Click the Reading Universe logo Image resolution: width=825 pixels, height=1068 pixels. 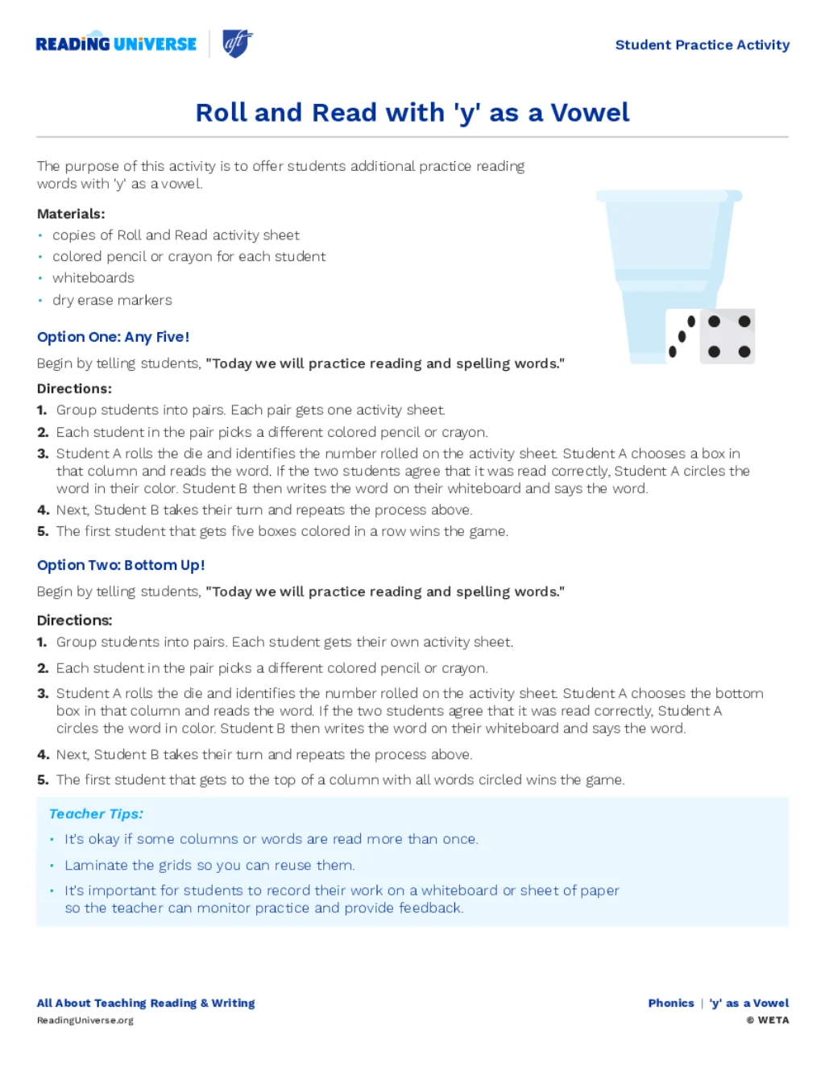[x=116, y=44]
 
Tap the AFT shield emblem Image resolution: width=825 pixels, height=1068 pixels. [x=237, y=44]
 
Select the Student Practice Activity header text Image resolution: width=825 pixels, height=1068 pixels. [x=702, y=45]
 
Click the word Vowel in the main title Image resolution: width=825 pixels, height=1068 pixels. [x=590, y=113]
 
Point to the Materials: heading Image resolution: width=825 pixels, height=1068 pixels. [x=71, y=214]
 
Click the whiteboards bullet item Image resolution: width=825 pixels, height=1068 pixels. [x=93, y=278]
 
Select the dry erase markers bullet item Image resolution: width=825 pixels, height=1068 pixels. [x=112, y=300]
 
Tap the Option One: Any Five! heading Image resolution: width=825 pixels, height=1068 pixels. [x=113, y=337]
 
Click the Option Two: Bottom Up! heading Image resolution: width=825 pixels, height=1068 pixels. [x=121, y=565]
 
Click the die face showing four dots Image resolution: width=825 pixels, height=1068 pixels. [x=728, y=336]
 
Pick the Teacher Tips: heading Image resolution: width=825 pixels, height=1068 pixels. [x=96, y=814]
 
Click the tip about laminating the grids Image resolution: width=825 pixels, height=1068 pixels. [x=209, y=865]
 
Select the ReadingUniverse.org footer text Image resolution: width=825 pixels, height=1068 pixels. [x=85, y=1020]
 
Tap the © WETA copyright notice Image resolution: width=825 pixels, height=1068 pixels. [x=767, y=1020]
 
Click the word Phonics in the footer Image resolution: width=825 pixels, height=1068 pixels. [x=671, y=1004]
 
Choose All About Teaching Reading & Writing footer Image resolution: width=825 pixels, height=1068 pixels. [x=146, y=1004]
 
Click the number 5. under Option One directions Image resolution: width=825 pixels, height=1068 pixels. [x=43, y=531]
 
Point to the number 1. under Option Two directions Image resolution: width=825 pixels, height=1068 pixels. [x=42, y=642]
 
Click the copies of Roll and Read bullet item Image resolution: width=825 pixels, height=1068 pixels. [x=176, y=235]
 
